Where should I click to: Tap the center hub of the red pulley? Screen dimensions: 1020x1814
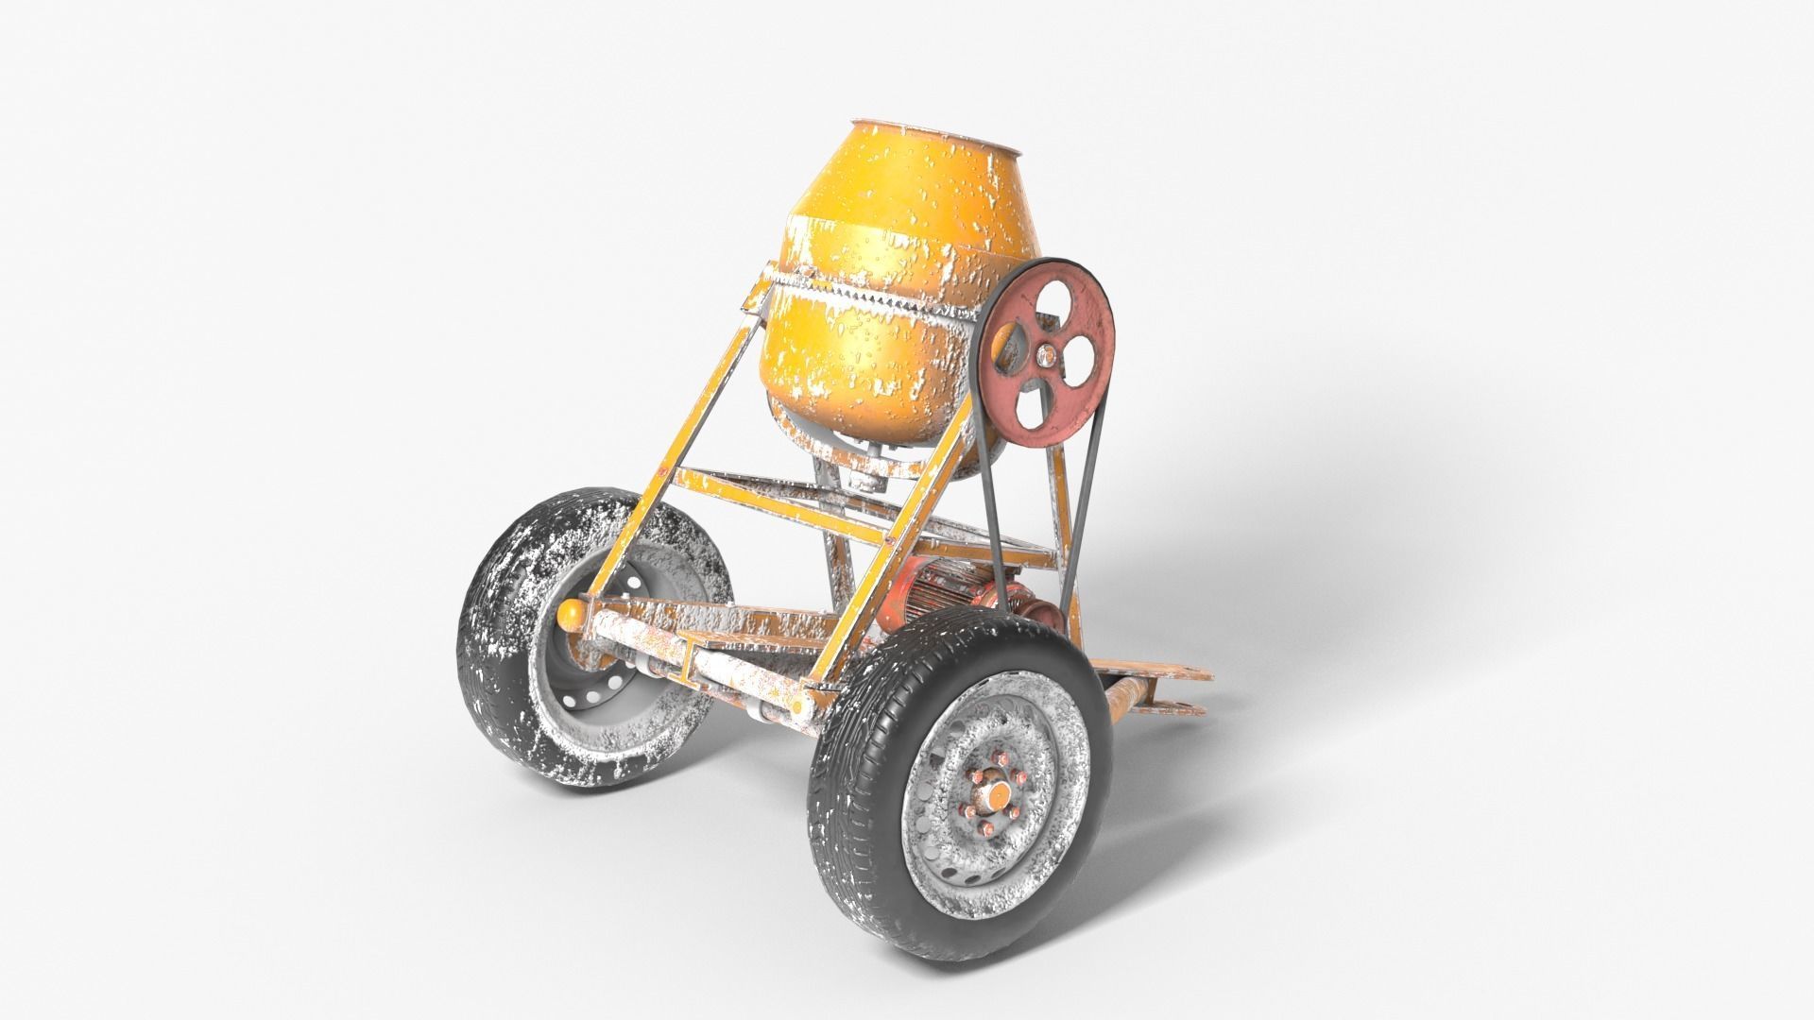(x=1045, y=355)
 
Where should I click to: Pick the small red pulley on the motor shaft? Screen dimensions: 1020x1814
(x=1039, y=614)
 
